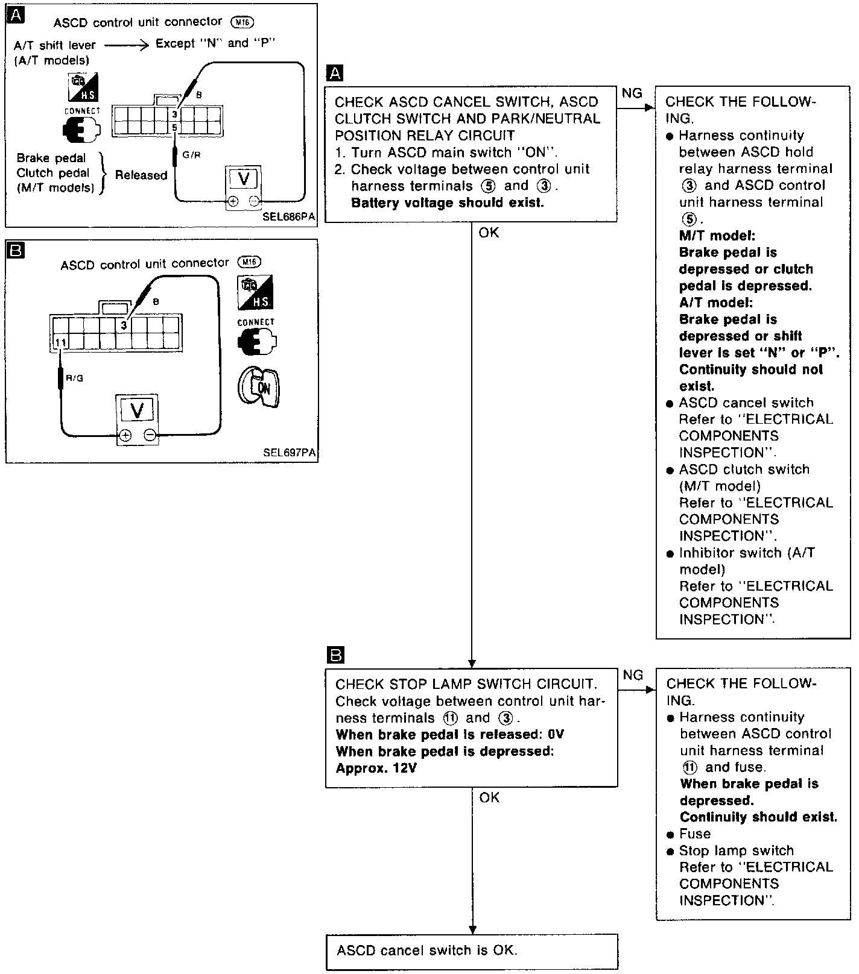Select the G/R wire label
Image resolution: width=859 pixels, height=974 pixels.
pyautogui.click(x=191, y=155)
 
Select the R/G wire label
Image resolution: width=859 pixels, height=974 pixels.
pyautogui.click(x=75, y=378)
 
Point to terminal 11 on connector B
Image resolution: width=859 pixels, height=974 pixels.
pyautogui.click(x=60, y=342)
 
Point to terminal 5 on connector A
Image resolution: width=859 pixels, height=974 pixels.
pyautogui.click(x=174, y=128)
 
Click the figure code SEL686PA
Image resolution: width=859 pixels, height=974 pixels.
pyautogui.click(x=288, y=217)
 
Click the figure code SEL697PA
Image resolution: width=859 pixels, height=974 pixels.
pyautogui.click(x=290, y=453)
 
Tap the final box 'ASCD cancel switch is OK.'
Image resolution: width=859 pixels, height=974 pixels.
pyautogui.click(x=427, y=950)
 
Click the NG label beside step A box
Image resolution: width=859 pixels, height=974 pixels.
pyautogui.click(x=632, y=93)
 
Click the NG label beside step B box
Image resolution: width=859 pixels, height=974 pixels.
pyautogui.click(x=633, y=675)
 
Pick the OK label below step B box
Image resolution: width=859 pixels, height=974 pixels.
pyautogui.click(x=489, y=797)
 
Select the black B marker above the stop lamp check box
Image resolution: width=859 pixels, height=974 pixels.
pyautogui.click(x=335, y=655)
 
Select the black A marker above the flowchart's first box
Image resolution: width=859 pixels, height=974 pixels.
pyautogui.click(x=334, y=74)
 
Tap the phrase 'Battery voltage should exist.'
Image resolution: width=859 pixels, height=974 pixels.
pyautogui.click(x=447, y=203)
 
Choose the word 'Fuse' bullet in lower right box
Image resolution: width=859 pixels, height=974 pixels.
pyautogui.click(x=695, y=834)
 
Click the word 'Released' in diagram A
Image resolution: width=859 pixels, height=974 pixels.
pyautogui.click(x=141, y=175)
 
